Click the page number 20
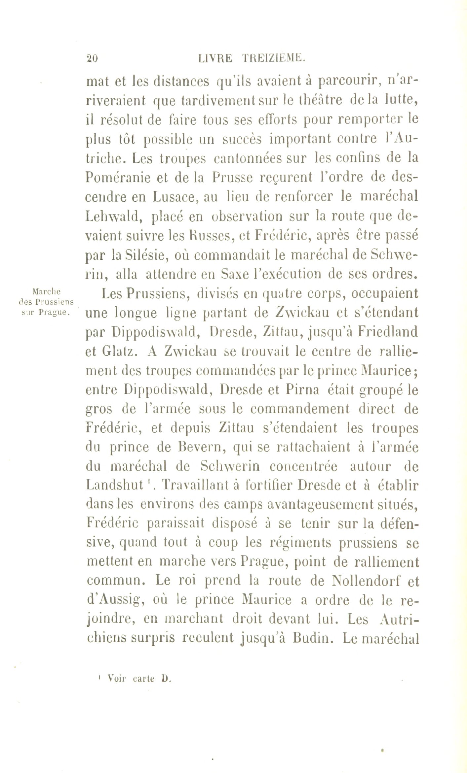pyautogui.click(x=92, y=59)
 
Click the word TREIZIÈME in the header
pyautogui.click(x=273, y=58)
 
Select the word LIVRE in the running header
pyautogui.click(x=215, y=58)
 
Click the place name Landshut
pyautogui.click(x=115, y=486)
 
